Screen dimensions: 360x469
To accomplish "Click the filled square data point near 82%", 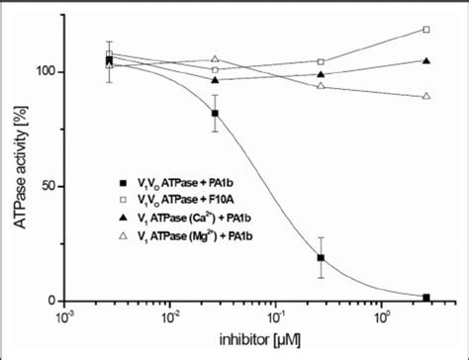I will pos(215,114).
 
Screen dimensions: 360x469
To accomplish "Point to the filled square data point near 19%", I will pos(321,258).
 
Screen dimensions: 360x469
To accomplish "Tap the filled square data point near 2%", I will pos(426,297).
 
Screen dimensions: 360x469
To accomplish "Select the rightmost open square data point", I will pos(426,30).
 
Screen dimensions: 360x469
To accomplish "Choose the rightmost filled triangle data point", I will pos(426,61).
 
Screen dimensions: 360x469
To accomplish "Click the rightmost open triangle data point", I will pos(426,96).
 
